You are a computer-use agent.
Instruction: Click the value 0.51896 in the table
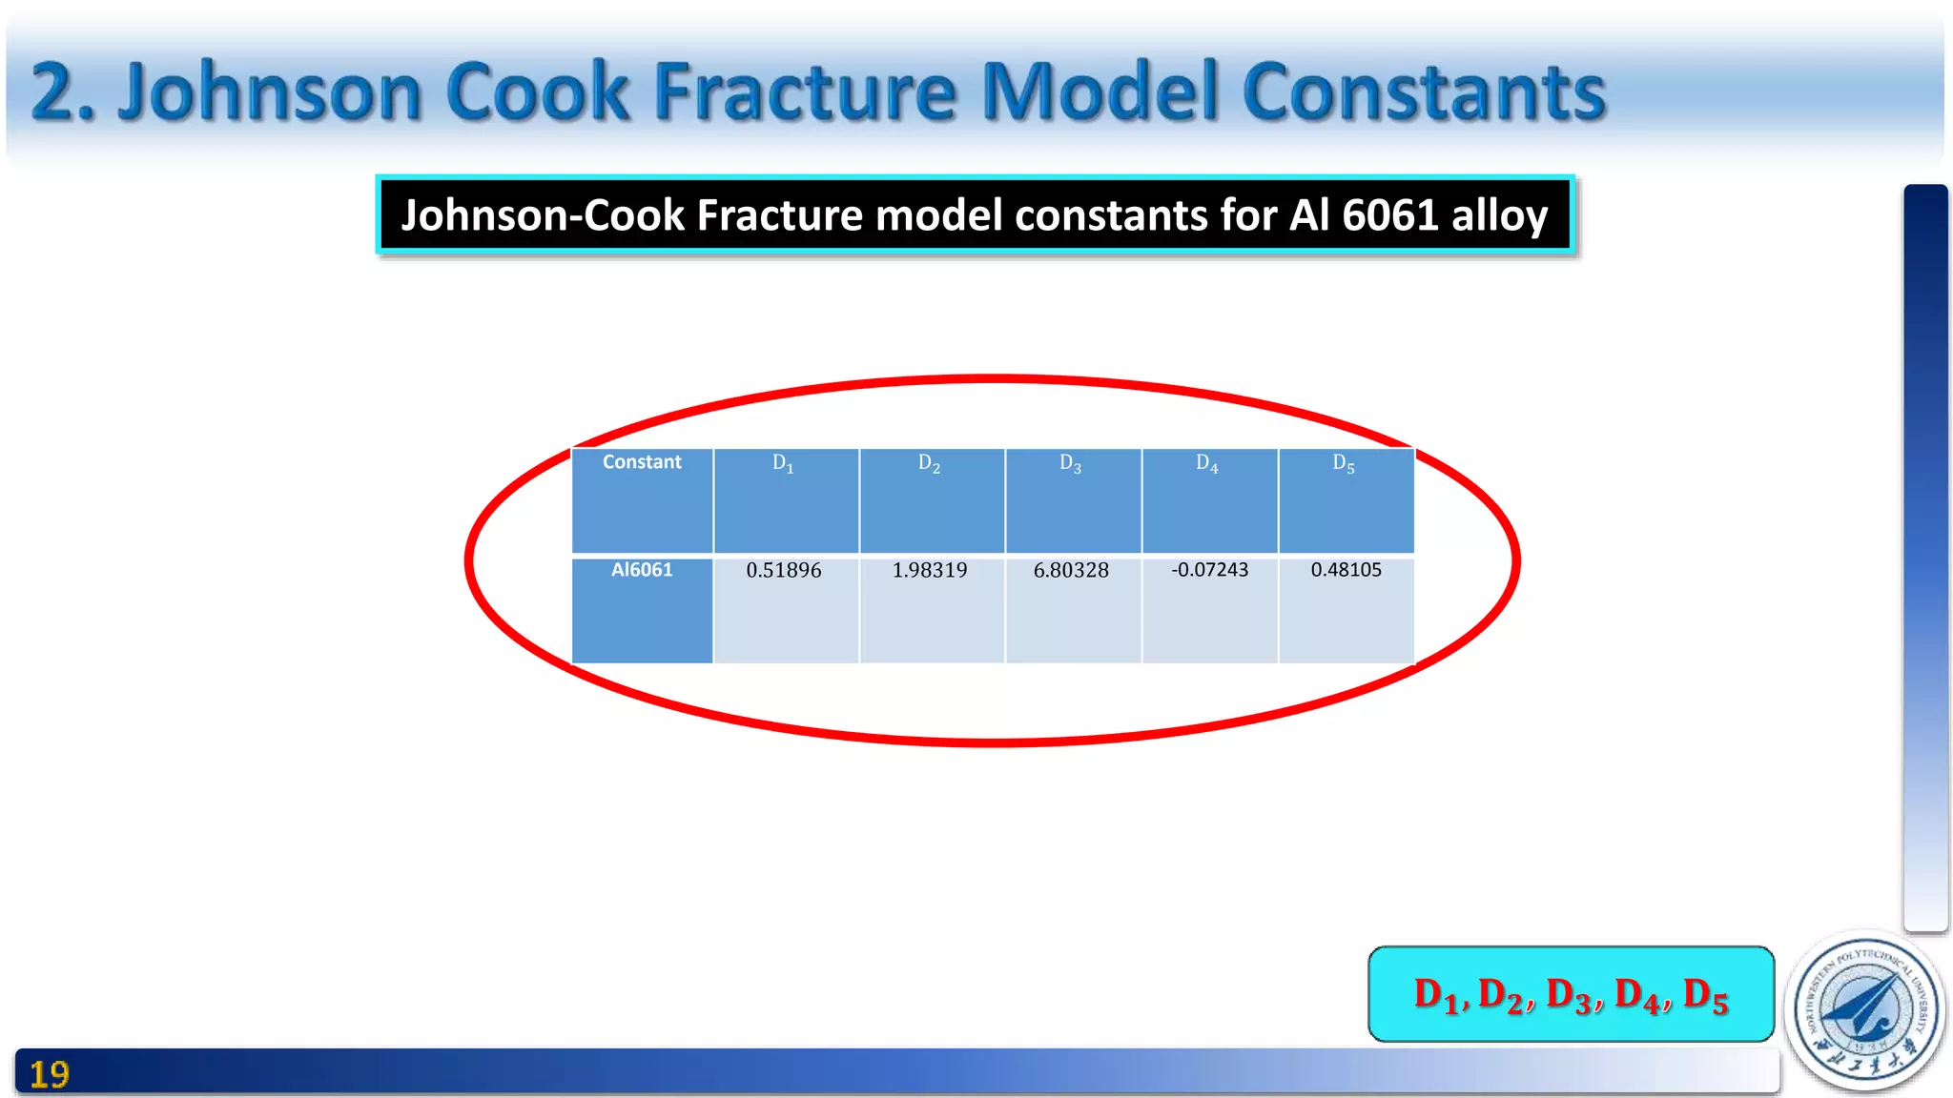coord(783,570)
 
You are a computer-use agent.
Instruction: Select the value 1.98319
coord(929,570)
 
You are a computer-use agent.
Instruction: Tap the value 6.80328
coord(1071,570)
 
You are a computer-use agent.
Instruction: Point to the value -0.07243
coord(1209,569)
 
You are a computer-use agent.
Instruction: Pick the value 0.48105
coord(1346,569)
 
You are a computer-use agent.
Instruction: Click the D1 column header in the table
coord(783,463)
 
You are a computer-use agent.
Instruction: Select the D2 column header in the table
coord(929,463)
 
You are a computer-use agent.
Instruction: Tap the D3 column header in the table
coord(1070,463)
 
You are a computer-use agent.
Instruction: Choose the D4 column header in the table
coord(1207,463)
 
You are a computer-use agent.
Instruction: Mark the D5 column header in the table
coord(1344,463)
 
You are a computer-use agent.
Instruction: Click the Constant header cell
coord(642,462)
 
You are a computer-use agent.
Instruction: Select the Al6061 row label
coord(642,570)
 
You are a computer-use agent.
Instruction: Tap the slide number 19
coord(50,1075)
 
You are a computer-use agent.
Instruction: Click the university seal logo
coord(1865,1009)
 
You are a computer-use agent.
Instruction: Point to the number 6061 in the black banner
coord(1390,215)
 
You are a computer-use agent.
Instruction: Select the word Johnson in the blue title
coord(270,92)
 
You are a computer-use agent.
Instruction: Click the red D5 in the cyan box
coord(1706,995)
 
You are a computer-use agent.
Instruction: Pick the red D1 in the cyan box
coord(1436,995)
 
